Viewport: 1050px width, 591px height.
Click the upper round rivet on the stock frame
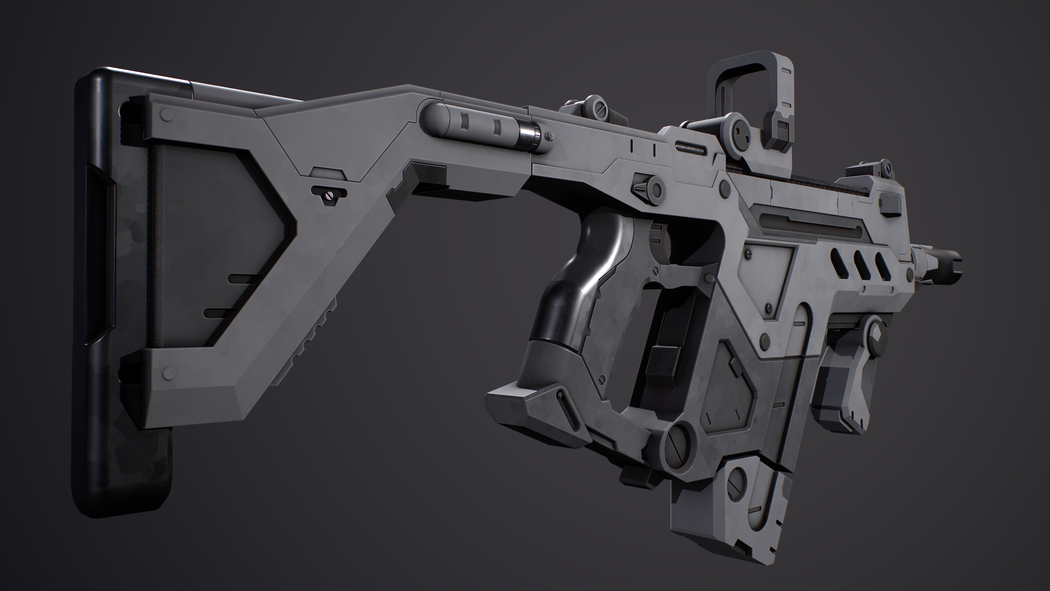point(166,115)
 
